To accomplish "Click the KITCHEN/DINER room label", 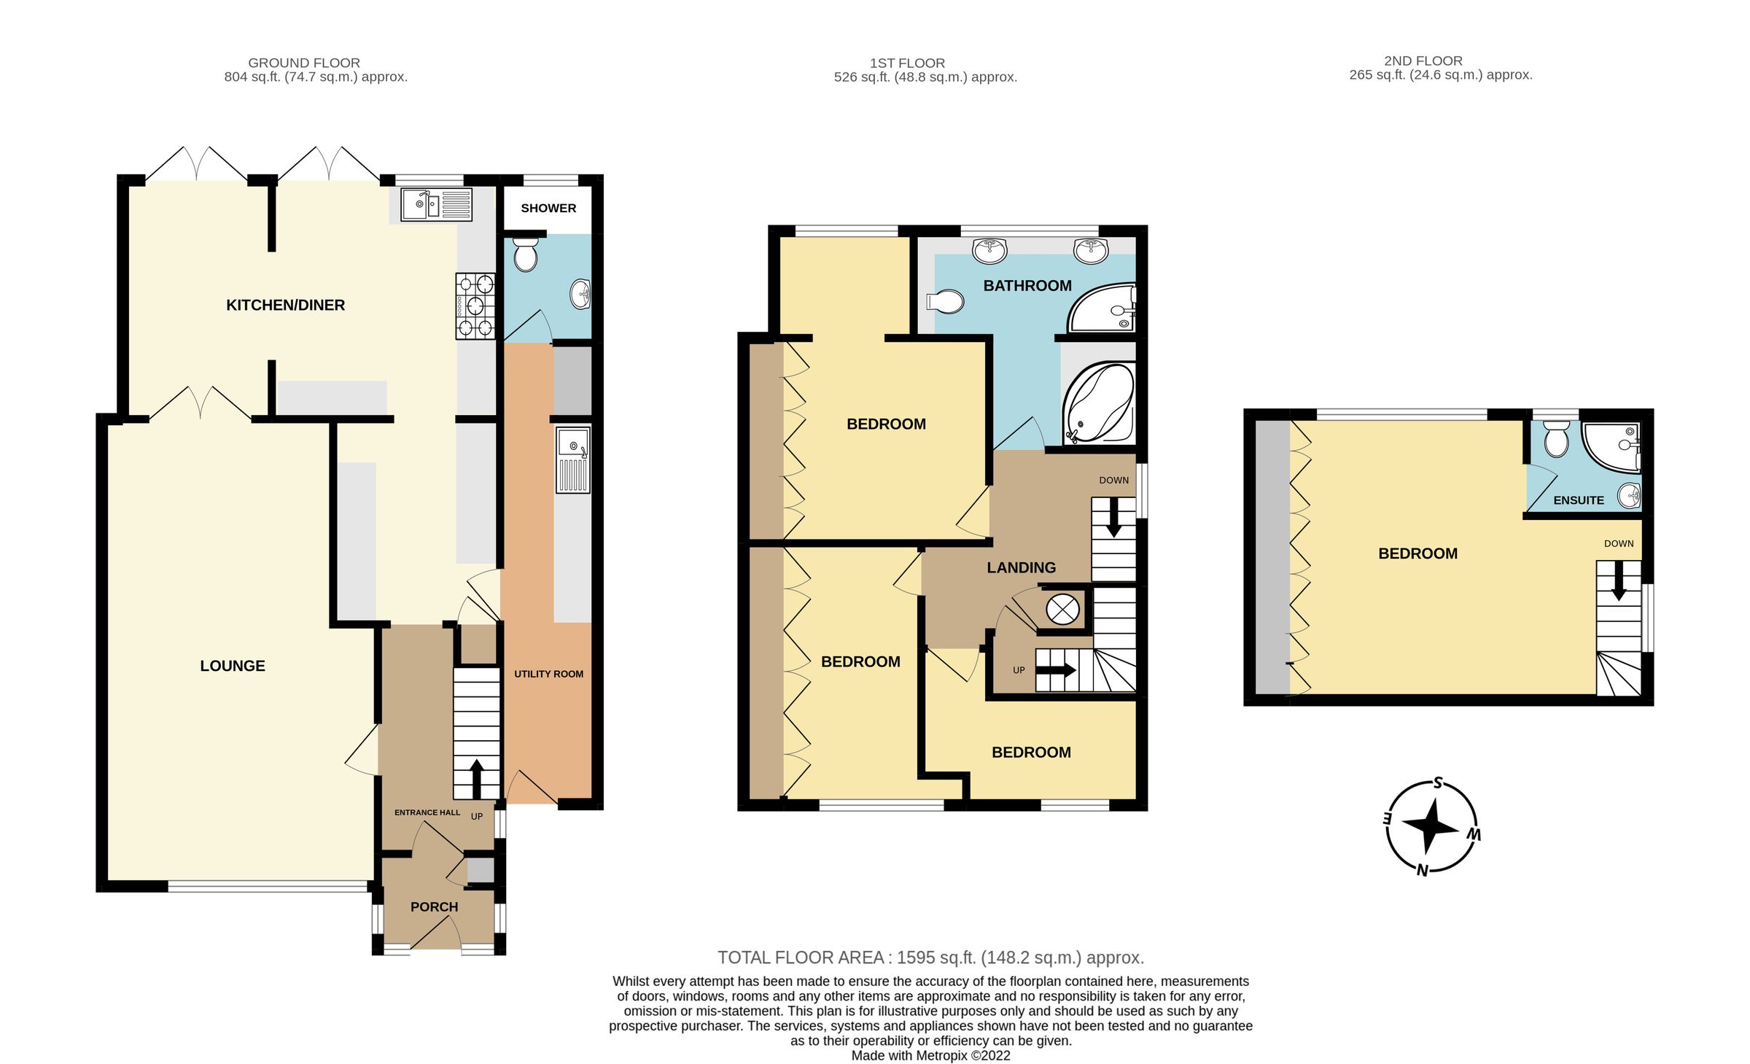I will [285, 305].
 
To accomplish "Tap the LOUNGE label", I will [233, 665].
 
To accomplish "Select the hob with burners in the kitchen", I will [475, 306].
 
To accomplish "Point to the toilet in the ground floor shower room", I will [525, 255].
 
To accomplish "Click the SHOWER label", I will [548, 208].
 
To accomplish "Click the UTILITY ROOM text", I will [548, 674].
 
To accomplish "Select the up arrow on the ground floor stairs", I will [476, 778].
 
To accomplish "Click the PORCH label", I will [434, 906].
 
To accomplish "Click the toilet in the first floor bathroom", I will [946, 300].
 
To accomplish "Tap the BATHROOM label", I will [1027, 285].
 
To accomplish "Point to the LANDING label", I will [1021, 567].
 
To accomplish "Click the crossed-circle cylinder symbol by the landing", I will [1062, 609].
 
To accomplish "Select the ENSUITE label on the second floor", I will [1578, 500].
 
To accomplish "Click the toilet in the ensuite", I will [1556, 439].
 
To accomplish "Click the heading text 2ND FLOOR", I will [1423, 61].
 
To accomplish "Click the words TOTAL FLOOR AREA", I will [800, 958].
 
